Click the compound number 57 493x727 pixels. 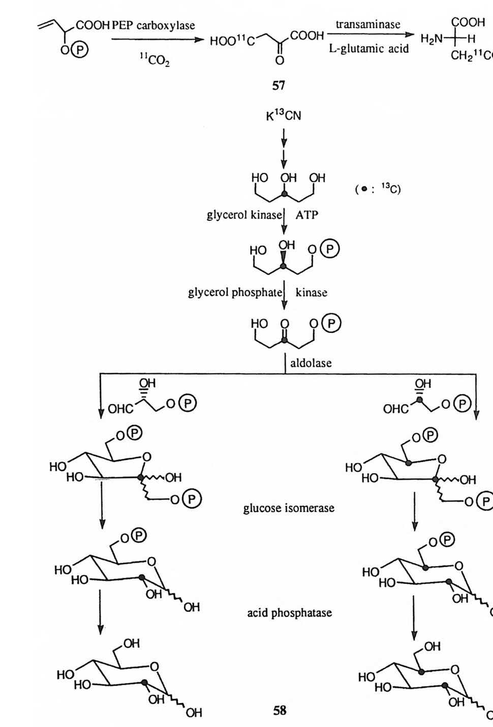click(279, 85)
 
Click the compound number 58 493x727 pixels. click(280, 710)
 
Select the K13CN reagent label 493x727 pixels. click(284, 116)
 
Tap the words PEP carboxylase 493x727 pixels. click(153, 25)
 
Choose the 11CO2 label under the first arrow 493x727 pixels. click(155, 61)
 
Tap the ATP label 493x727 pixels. click(307, 215)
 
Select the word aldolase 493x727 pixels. click(311, 362)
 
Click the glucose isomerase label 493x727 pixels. click(289, 508)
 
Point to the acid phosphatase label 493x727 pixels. click(289, 613)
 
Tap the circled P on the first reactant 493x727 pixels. click(82, 49)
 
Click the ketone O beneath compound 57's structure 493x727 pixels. click(279, 61)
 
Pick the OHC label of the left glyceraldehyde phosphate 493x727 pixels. click(120, 409)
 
